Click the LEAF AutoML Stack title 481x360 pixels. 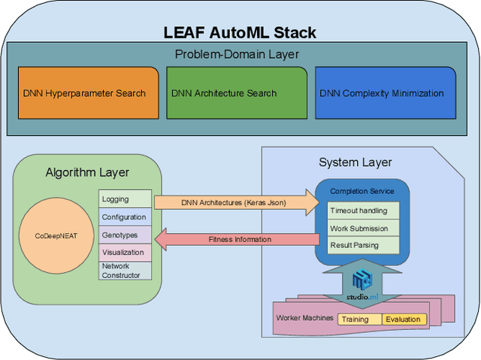pyautogui.click(x=240, y=32)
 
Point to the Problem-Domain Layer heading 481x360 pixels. pyautogui.click(x=237, y=54)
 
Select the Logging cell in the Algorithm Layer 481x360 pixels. pyautogui.click(x=125, y=199)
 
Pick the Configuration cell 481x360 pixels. pyautogui.click(x=125, y=216)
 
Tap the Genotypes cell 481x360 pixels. pyautogui.click(x=125, y=234)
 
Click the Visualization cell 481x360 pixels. pyautogui.click(x=125, y=253)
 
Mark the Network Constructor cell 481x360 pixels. pyautogui.click(x=125, y=271)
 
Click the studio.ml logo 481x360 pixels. pyautogui.click(x=363, y=285)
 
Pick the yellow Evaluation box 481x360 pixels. pyautogui.click(x=404, y=319)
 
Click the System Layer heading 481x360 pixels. pyautogui.click(x=355, y=162)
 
